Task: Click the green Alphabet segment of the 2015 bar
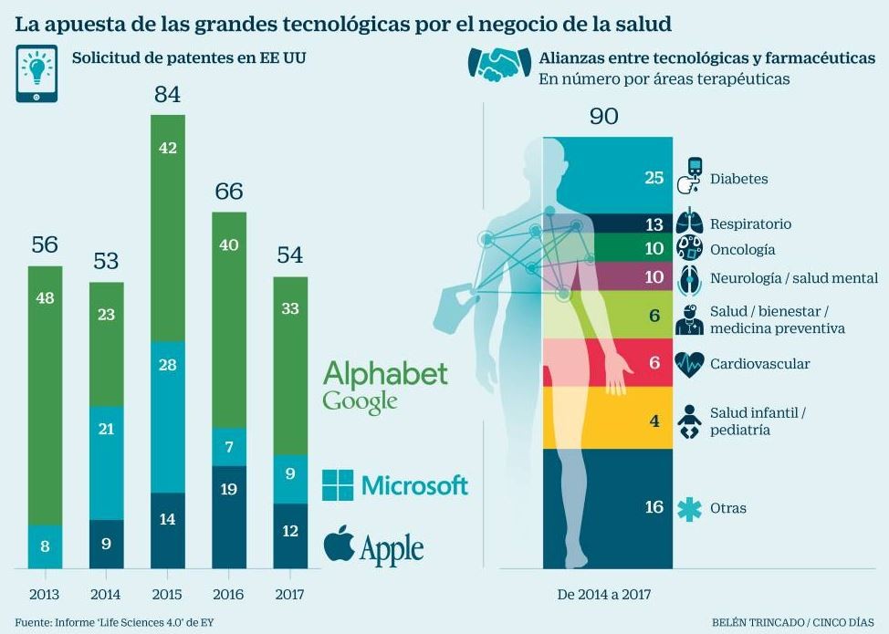pos(167,228)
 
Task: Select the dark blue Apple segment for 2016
pos(229,516)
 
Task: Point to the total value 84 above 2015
pos(167,94)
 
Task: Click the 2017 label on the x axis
pos(290,594)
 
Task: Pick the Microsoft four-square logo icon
pos(338,485)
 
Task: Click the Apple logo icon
pos(339,543)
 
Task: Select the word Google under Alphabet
pos(360,400)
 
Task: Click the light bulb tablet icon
pos(37,72)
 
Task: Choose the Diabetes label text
pos(738,179)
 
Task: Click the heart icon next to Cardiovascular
pos(689,364)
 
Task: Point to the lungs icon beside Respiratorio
pos(689,223)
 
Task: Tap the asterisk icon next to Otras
pos(689,508)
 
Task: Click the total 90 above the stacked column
pos(603,116)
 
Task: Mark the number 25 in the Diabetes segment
pos(654,178)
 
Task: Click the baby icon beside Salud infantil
pos(689,421)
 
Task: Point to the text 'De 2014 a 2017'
pos(604,594)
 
